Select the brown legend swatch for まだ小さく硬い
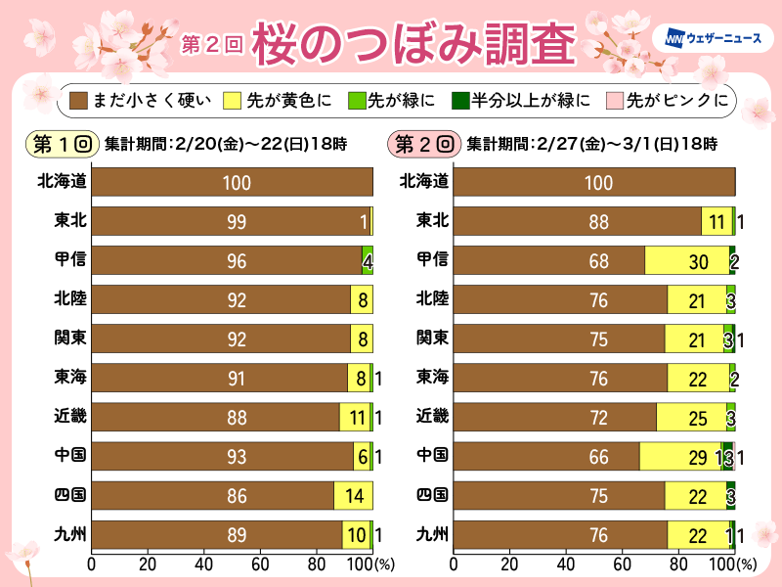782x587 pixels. pyautogui.click(x=78, y=100)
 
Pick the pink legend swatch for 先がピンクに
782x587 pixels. pyautogui.click(x=612, y=100)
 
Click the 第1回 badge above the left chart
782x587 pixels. pyautogui.click(x=61, y=144)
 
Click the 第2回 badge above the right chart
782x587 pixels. pyautogui.click(x=423, y=144)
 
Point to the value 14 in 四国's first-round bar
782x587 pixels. pyautogui.click(x=353, y=496)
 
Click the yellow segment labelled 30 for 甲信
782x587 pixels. pyautogui.click(x=686, y=261)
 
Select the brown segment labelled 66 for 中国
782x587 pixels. pyautogui.click(x=545, y=457)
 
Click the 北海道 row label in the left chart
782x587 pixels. pyautogui.click(x=61, y=181)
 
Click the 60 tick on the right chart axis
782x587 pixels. pyautogui.click(x=622, y=564)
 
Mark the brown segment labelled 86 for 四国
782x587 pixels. pyautogui.click(x=212, y=496)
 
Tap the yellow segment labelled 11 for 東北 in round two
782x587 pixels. pyautogui.click(x=716, y=222)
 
